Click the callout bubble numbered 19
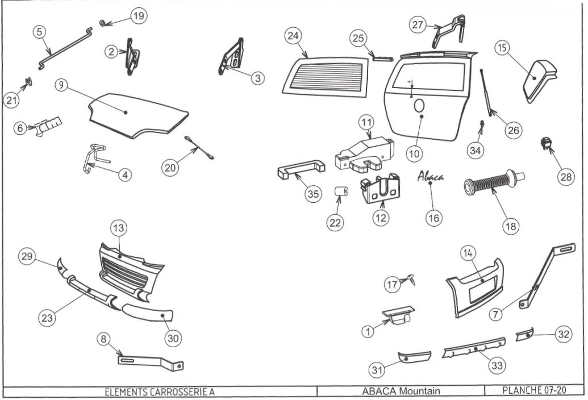(137, 16)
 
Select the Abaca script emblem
(431, 176)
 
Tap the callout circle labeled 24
(293, 36)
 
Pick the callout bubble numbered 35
(311, 193)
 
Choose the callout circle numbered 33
(497, 365)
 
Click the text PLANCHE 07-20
(533, 391)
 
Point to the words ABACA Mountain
(401, 391)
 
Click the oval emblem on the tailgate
(419, 106)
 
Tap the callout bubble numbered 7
(497, 314)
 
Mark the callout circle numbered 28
(565, 177)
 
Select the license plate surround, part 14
(474, 287)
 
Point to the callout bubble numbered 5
(39, 32)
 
